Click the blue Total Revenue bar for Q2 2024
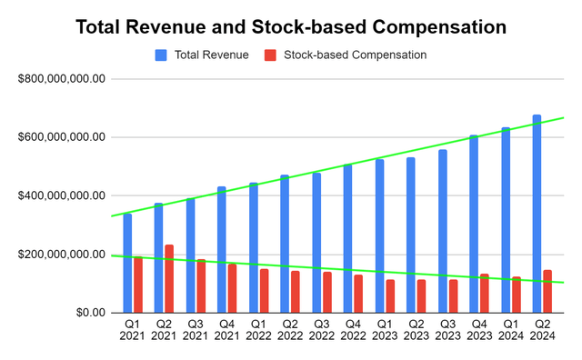click(537, 214)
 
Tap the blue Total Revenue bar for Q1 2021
click(127, 263)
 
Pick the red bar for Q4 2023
click(485, 293)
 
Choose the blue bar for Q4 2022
click(347, 238)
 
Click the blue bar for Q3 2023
click(442, 231)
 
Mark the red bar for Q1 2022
click(264, 290)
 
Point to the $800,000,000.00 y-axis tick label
click(62, 79)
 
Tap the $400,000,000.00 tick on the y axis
click(62, 195)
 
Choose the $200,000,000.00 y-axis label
click(62, 255)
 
